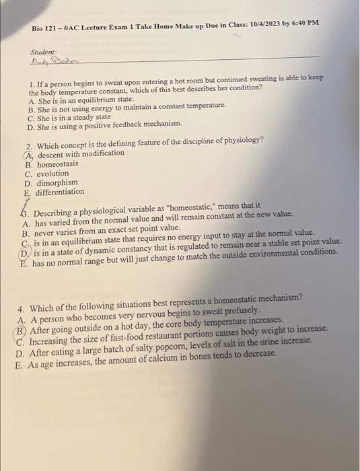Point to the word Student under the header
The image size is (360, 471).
click(42, 52)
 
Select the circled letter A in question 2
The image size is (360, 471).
click(28, 154)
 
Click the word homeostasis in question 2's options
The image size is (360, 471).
click(57, 164)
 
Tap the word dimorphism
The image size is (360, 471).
click(57, 182)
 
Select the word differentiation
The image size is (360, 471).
click(60, 192)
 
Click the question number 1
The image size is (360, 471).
click(32, 87)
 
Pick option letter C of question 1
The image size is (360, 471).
click(31, 116)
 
